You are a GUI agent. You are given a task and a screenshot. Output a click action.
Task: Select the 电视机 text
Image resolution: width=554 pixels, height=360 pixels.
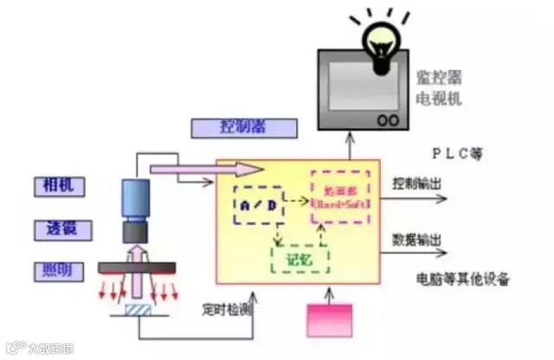pos(438,99)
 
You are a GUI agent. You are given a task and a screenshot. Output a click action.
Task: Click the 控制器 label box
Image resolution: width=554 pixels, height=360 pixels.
pos(242,126)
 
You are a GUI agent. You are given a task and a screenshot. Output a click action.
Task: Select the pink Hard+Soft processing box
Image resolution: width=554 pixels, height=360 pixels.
pos(339,196)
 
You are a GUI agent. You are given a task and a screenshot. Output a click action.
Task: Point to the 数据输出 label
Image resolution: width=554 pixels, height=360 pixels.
pos(416,239)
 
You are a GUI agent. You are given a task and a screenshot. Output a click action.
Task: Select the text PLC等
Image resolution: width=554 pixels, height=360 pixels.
pos(456,153)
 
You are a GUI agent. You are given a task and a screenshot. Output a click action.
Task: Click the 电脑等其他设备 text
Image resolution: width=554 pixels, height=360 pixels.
pos(463,280)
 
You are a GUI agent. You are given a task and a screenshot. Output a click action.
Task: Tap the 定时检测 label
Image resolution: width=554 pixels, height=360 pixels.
pos(228,308)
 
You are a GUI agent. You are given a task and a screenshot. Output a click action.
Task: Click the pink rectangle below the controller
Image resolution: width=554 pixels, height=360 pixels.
pos(331,320)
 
